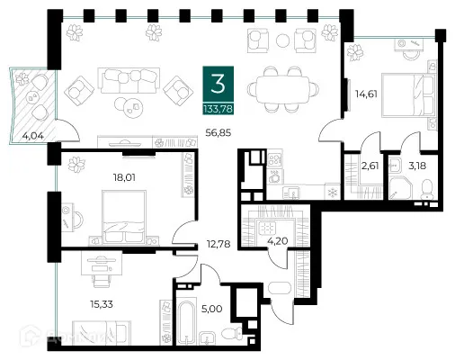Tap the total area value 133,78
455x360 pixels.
[216, 110]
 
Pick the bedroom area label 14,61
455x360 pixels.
[365, 91]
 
